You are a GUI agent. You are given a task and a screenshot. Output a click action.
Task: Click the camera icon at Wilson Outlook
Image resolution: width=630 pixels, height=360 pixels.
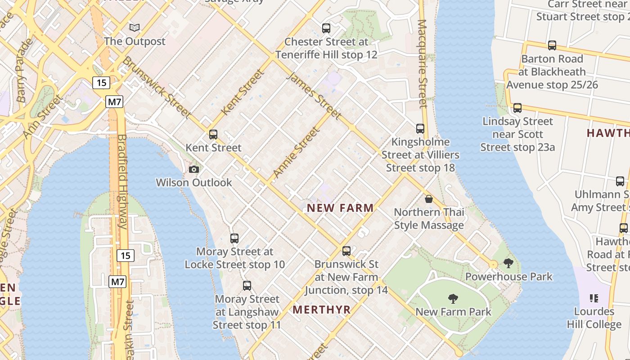(194, 169)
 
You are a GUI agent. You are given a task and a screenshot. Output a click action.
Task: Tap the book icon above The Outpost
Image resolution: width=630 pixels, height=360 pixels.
(135, 28)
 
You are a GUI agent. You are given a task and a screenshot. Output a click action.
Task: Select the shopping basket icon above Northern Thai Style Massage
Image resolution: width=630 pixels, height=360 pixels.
(429, 199)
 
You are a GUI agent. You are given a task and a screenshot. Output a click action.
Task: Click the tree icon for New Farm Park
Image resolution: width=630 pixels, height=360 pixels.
(453, 298)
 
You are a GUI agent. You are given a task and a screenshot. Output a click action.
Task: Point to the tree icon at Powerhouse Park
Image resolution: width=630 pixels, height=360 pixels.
(508, 263)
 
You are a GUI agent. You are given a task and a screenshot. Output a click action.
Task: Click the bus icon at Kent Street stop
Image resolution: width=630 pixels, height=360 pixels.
(213, 134)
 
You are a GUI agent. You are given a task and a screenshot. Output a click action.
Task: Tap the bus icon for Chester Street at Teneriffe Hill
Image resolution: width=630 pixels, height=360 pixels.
(326, 28)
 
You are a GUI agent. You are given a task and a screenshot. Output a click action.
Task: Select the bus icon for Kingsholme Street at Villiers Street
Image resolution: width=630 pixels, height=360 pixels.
(420, 129)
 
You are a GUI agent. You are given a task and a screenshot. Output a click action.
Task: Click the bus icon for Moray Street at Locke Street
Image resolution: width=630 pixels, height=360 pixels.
(234, 238)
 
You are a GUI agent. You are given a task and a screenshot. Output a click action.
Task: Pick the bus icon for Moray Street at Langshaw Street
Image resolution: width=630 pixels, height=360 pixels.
(247, 286)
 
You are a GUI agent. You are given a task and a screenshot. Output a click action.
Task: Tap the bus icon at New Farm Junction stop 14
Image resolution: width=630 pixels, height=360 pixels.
(346, 251)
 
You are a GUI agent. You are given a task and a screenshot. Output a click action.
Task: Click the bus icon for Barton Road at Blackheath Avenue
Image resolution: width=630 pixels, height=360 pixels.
(552, 45)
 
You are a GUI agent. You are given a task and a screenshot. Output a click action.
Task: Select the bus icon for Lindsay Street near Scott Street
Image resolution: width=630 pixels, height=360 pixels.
(517, 108)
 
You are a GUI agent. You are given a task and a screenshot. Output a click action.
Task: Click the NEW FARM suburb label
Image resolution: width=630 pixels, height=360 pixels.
(340, 208)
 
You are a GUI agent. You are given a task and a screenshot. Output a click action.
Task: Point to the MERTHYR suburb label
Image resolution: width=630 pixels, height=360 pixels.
(321, 310)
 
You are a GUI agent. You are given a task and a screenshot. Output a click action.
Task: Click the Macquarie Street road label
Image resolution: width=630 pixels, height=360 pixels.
(422, 64)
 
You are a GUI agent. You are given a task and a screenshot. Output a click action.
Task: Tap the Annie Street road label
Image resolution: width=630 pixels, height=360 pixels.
(297, 152)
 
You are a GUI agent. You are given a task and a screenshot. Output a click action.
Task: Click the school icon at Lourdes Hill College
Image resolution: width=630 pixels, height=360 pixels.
(594, 298)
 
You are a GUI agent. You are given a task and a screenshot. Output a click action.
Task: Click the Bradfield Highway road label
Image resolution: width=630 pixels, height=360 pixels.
(122, 182)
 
